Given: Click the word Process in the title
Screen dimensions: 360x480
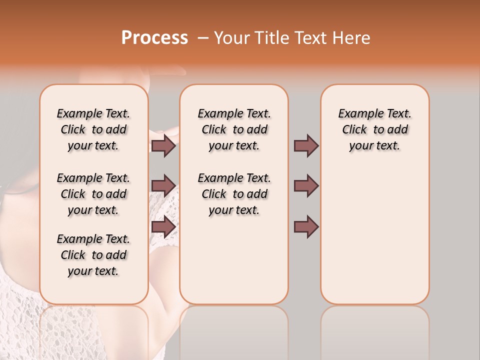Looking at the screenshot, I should tap(154, 38).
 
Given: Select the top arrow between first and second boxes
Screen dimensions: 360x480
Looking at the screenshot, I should tap(163, 146).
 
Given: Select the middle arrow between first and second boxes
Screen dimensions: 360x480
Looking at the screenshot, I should tap(163, 186).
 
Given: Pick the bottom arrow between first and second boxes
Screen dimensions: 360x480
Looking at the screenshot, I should tap(163, 226).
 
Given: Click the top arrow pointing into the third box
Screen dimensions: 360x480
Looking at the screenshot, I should tap(306, 146).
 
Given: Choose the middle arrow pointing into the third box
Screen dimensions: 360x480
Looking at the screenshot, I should tap(306, 186).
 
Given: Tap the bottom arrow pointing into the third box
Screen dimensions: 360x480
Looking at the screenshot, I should tap(306, 226).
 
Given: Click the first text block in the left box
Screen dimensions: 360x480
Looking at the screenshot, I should tap(93, 129).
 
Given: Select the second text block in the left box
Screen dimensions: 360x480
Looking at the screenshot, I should tap(93, 194).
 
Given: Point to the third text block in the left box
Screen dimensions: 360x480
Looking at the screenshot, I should tap(93, 255).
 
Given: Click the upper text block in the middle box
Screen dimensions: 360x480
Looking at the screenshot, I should tap(234, 129).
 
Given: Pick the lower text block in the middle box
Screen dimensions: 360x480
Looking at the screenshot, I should tap(234, 194).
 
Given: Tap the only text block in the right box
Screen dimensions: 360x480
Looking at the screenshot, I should tap(375, 129).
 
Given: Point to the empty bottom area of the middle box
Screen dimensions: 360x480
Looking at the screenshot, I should tap(234, 265).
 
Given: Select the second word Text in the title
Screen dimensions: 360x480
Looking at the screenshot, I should tap(310, 38).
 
